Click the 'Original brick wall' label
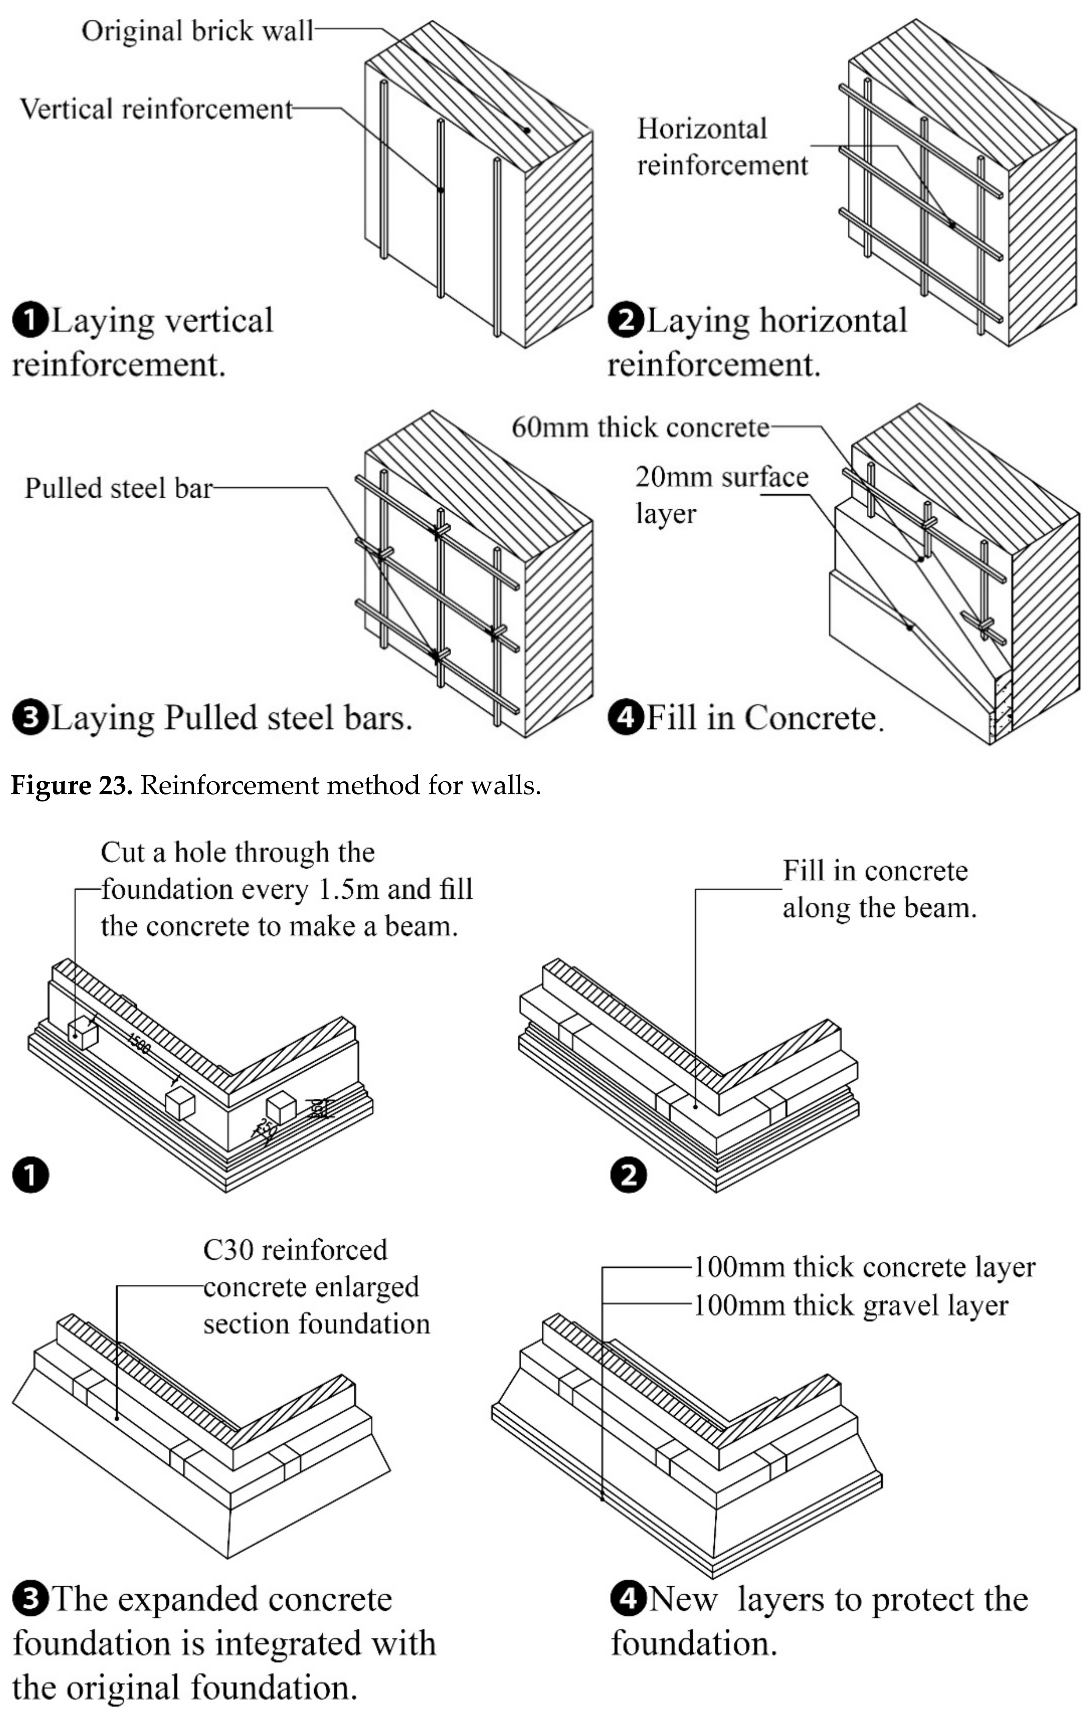(x=197, y=31)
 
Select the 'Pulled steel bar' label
(x=118, y=488)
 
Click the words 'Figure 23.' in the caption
(x=71, y=785)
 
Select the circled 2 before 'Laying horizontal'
(x=625, y=321)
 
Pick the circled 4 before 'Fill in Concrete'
(x=625, y=717)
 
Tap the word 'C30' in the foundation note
(x=225, y=1250)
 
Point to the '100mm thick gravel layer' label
(x=850, y=1306)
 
